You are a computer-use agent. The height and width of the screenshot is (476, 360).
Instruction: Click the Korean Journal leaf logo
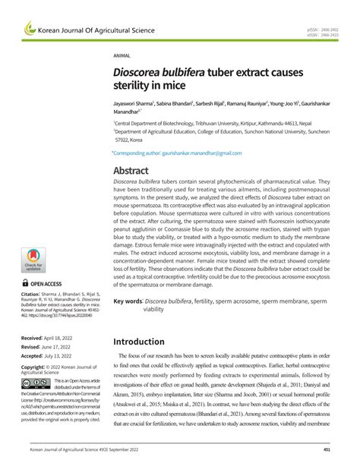[x=30, y=29]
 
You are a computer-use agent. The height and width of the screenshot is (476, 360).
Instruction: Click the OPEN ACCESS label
[x=46, y=282]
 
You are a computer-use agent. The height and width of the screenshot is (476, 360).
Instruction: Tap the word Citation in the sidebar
[x=33, y=292]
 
